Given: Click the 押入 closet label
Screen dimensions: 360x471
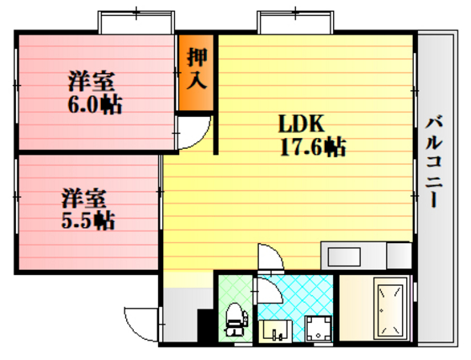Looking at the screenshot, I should (x=198, y=71).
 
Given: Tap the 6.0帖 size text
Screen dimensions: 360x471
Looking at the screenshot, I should (x=93, y=105).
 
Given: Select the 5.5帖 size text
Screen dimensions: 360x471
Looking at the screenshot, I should (x=87, y=221).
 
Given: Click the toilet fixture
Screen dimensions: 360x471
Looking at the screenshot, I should (x=235, y=318).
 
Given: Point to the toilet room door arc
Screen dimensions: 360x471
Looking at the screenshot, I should (x=267, y=294).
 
